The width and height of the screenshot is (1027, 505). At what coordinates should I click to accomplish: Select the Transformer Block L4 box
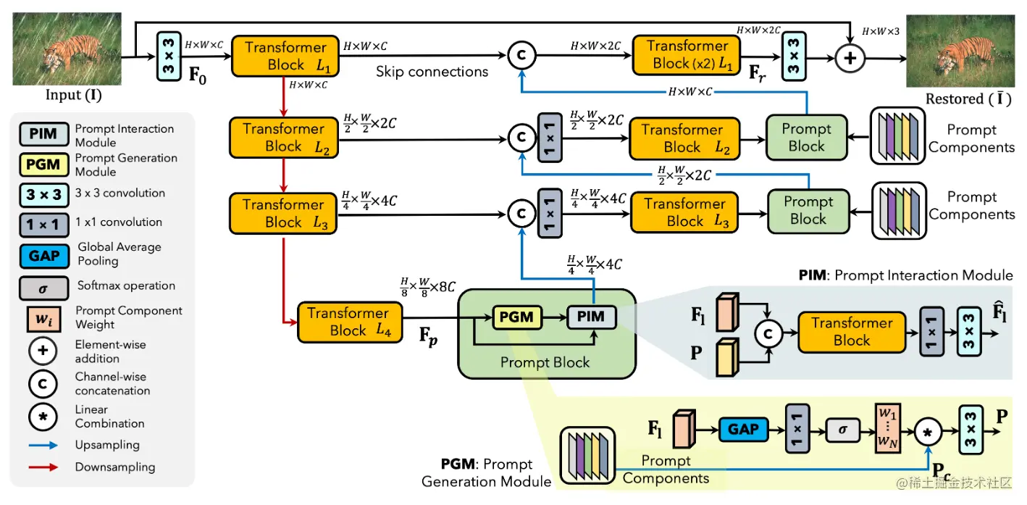coord(349,322)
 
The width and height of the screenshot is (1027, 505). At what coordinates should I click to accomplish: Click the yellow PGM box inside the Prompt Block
coord(516,317)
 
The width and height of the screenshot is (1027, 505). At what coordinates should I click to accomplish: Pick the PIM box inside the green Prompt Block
coord(591,317)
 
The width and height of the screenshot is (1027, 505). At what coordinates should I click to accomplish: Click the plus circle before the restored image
coord(850,58)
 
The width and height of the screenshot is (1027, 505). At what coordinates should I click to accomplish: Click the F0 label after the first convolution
coord(198,75)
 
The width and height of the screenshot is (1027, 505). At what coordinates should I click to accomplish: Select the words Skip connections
coord(432,72)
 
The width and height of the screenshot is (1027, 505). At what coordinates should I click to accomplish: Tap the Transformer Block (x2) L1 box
coord(687,55)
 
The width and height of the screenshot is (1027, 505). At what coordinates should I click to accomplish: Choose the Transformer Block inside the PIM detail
coord(852,332)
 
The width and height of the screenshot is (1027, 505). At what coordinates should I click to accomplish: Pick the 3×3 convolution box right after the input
coord(168,55)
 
